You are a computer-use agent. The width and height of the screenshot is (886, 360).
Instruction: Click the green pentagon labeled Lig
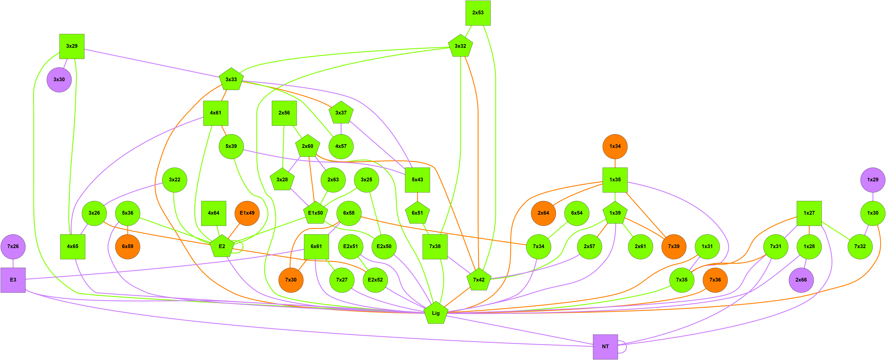(436, 313)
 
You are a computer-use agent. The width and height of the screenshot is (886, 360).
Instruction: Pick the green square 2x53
(478, 13)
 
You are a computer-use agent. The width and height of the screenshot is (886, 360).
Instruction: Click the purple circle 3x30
(59, 79)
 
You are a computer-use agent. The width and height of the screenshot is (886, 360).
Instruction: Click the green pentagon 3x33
(231, 79)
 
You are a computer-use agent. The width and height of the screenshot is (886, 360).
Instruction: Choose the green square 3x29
(72, 46)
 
